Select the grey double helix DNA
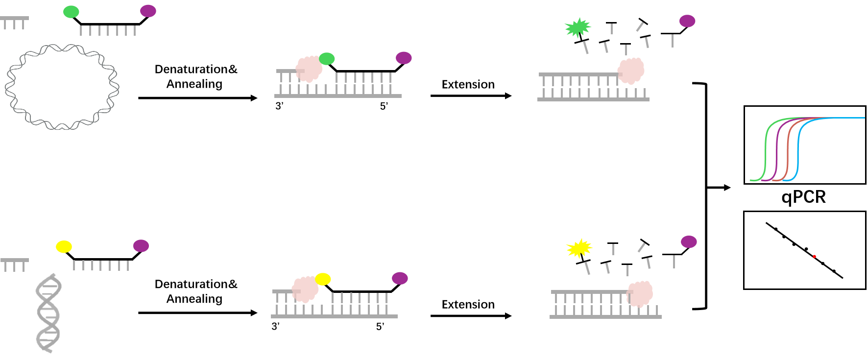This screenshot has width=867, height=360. (x=48, y=313)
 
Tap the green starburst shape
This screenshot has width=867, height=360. (x=578, y=28)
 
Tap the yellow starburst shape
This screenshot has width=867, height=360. (x=579, y=248)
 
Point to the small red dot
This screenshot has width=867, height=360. (x=814, y=256)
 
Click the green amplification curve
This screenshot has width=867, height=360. (x=766, y=147)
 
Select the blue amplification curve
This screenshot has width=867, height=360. (x=798, y=147)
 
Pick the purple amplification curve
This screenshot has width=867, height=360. (x=777, y=147)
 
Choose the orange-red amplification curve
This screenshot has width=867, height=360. (x=788, y=147)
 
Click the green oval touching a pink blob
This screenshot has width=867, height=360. (x=327, y=59)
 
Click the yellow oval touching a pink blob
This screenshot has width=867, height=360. (x=323, y=279)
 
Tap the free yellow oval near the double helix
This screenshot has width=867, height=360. (x=64, y=246)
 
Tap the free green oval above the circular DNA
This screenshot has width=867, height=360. (x=71, y=12)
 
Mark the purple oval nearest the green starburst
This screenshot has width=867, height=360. (x=687, y=21)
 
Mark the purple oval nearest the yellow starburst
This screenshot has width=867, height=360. (x=689, y=242)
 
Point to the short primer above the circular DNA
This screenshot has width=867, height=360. (x=14, y=19)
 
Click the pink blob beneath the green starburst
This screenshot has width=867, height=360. (x=631, y=71)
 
